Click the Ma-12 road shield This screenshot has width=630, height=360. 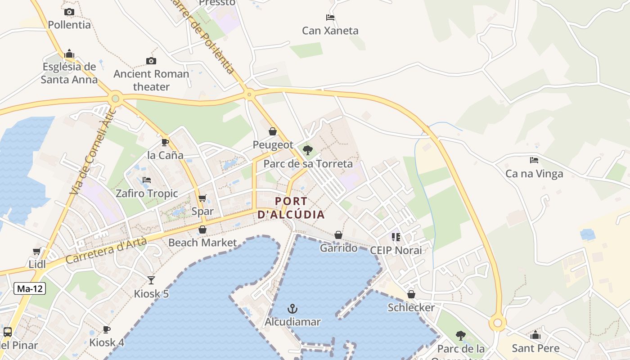coord(30,289)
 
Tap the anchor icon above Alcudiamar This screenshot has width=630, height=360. coord(292,309)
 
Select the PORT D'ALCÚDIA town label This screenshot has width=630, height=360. coord(291,208)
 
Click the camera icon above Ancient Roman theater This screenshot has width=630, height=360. coord(151,61)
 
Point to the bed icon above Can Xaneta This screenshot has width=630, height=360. coord(330,18)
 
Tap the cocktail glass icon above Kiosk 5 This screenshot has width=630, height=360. coord(151,280)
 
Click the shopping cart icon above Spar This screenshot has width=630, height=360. coord(202,198)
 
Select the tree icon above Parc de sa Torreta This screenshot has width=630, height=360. coord(308,150)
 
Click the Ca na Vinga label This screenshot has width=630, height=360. coord(534,174)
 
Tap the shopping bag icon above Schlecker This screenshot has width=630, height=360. coord(411,294)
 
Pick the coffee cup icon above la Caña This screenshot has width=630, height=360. coord(165,142)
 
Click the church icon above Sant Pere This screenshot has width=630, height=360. coord(535,335)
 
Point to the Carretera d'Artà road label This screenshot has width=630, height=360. coord(106,251)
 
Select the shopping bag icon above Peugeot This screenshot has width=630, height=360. coord(273,131)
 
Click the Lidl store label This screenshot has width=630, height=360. coord(37,264)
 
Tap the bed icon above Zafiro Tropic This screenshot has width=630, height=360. coord(147,180)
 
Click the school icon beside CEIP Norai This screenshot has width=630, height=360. coord(396,237)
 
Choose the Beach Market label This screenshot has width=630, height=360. coord(202,243)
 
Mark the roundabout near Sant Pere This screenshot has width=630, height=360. coord(497,323)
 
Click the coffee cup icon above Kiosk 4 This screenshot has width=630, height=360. coord(107,329)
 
